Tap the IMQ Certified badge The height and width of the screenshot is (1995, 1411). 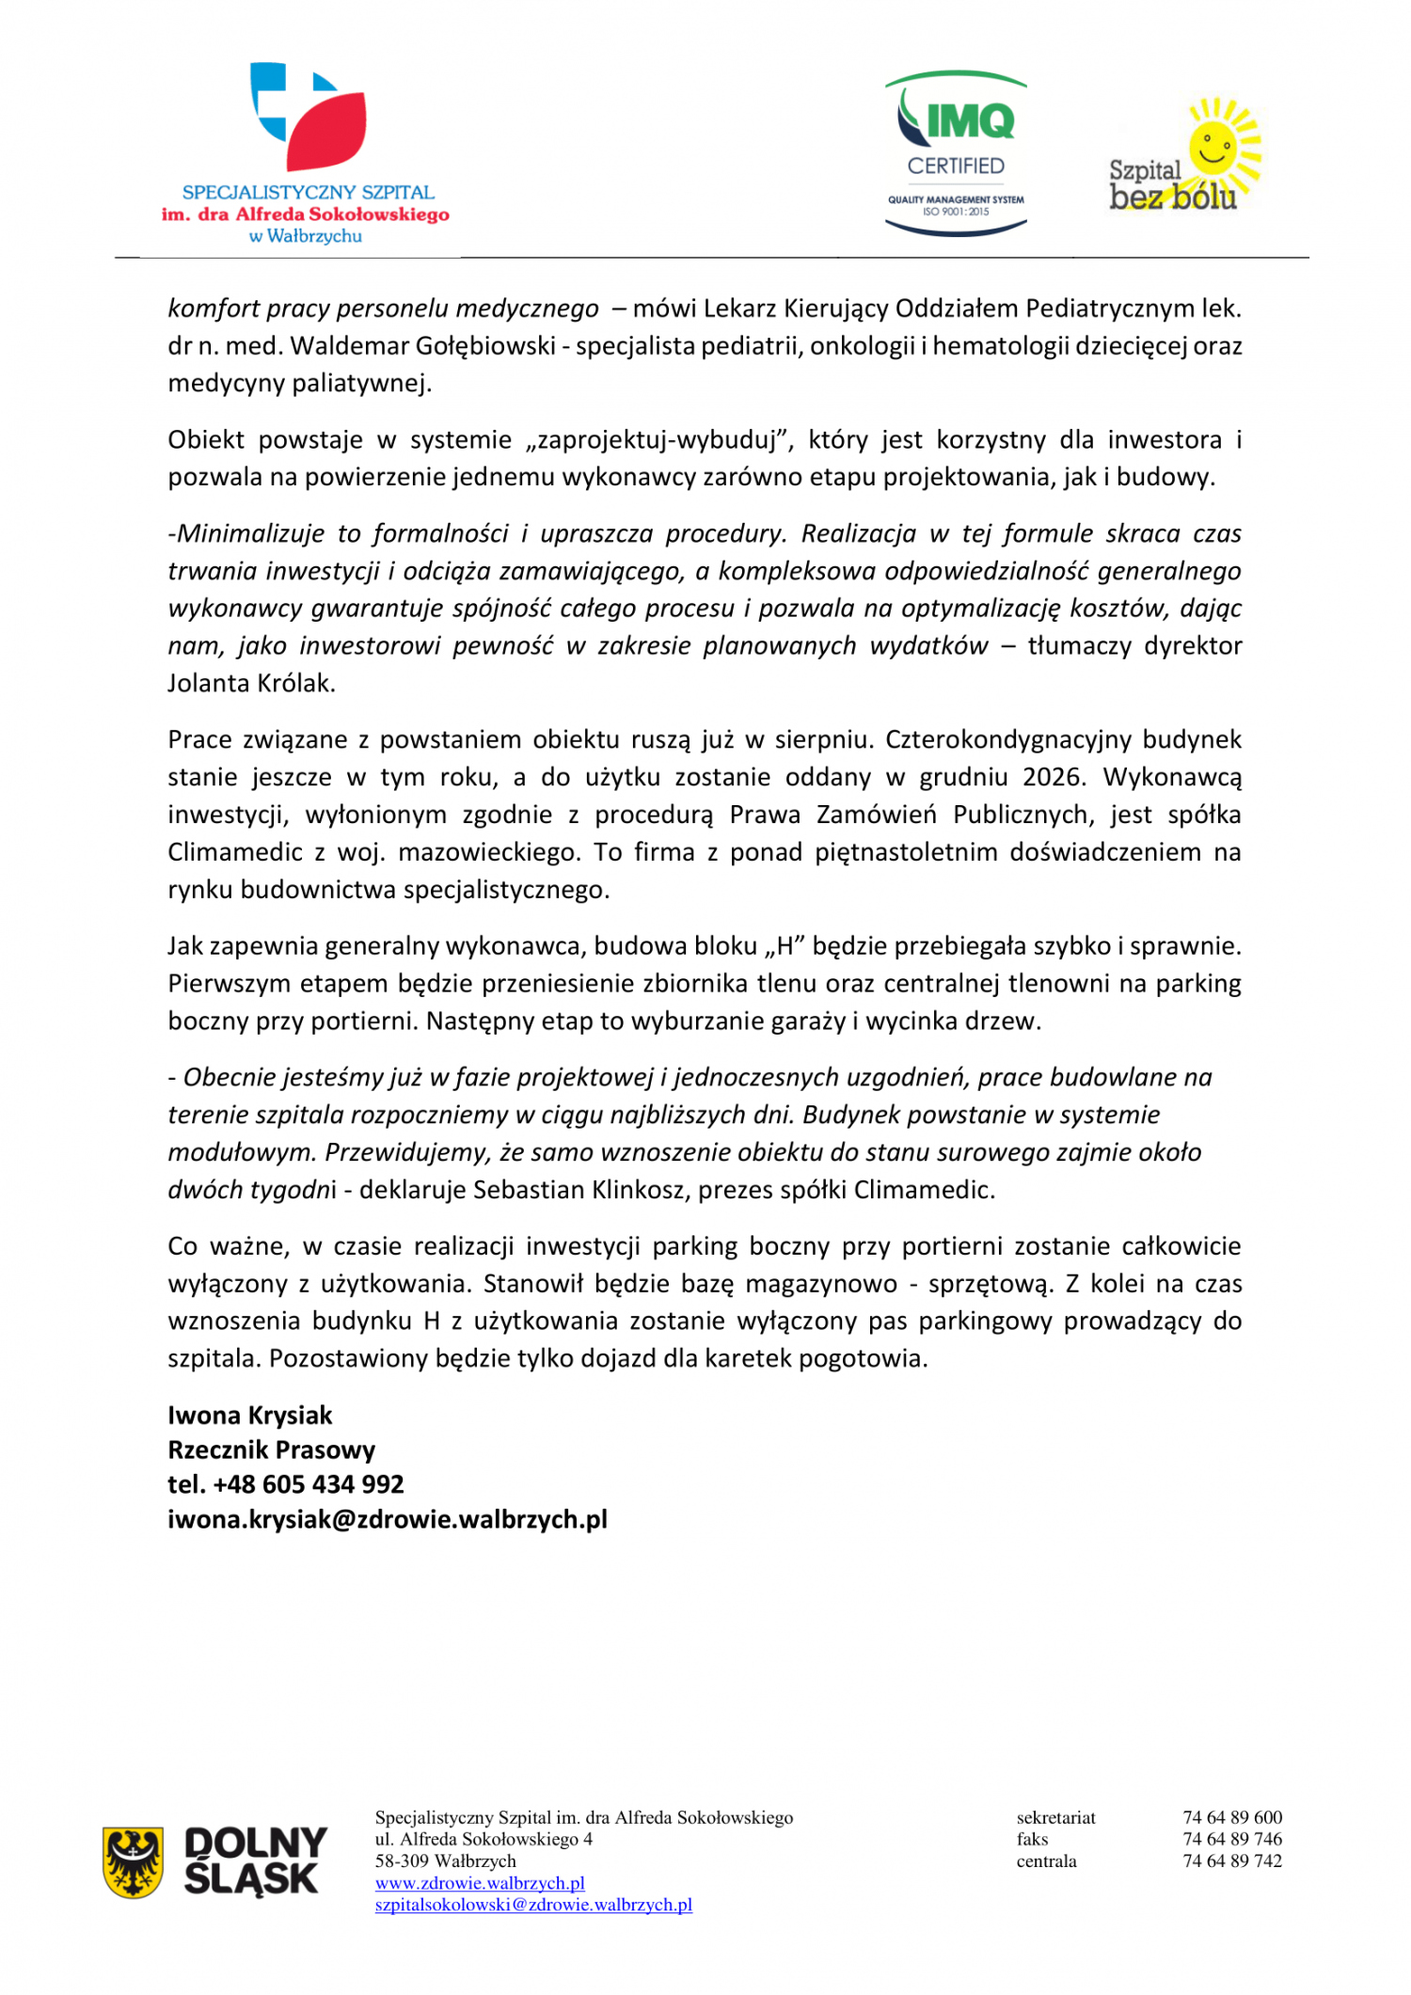956,152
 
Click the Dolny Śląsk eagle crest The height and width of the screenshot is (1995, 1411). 133,1861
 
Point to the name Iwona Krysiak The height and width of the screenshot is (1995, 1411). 250,1415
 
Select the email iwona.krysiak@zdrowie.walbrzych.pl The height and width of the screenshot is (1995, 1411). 388,1519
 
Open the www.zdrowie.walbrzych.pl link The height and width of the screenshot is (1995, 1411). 480,1882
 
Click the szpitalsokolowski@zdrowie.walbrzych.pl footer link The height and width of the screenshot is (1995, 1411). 533,1904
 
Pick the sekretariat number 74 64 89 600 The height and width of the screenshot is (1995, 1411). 1232,1817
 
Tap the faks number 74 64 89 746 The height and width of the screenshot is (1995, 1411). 1232,1839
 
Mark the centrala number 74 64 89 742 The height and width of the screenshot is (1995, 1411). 1232,1860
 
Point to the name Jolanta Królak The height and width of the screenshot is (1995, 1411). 250,683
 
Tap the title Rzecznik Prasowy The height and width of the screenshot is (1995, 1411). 272,1449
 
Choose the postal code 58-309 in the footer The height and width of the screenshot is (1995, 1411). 404,1860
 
